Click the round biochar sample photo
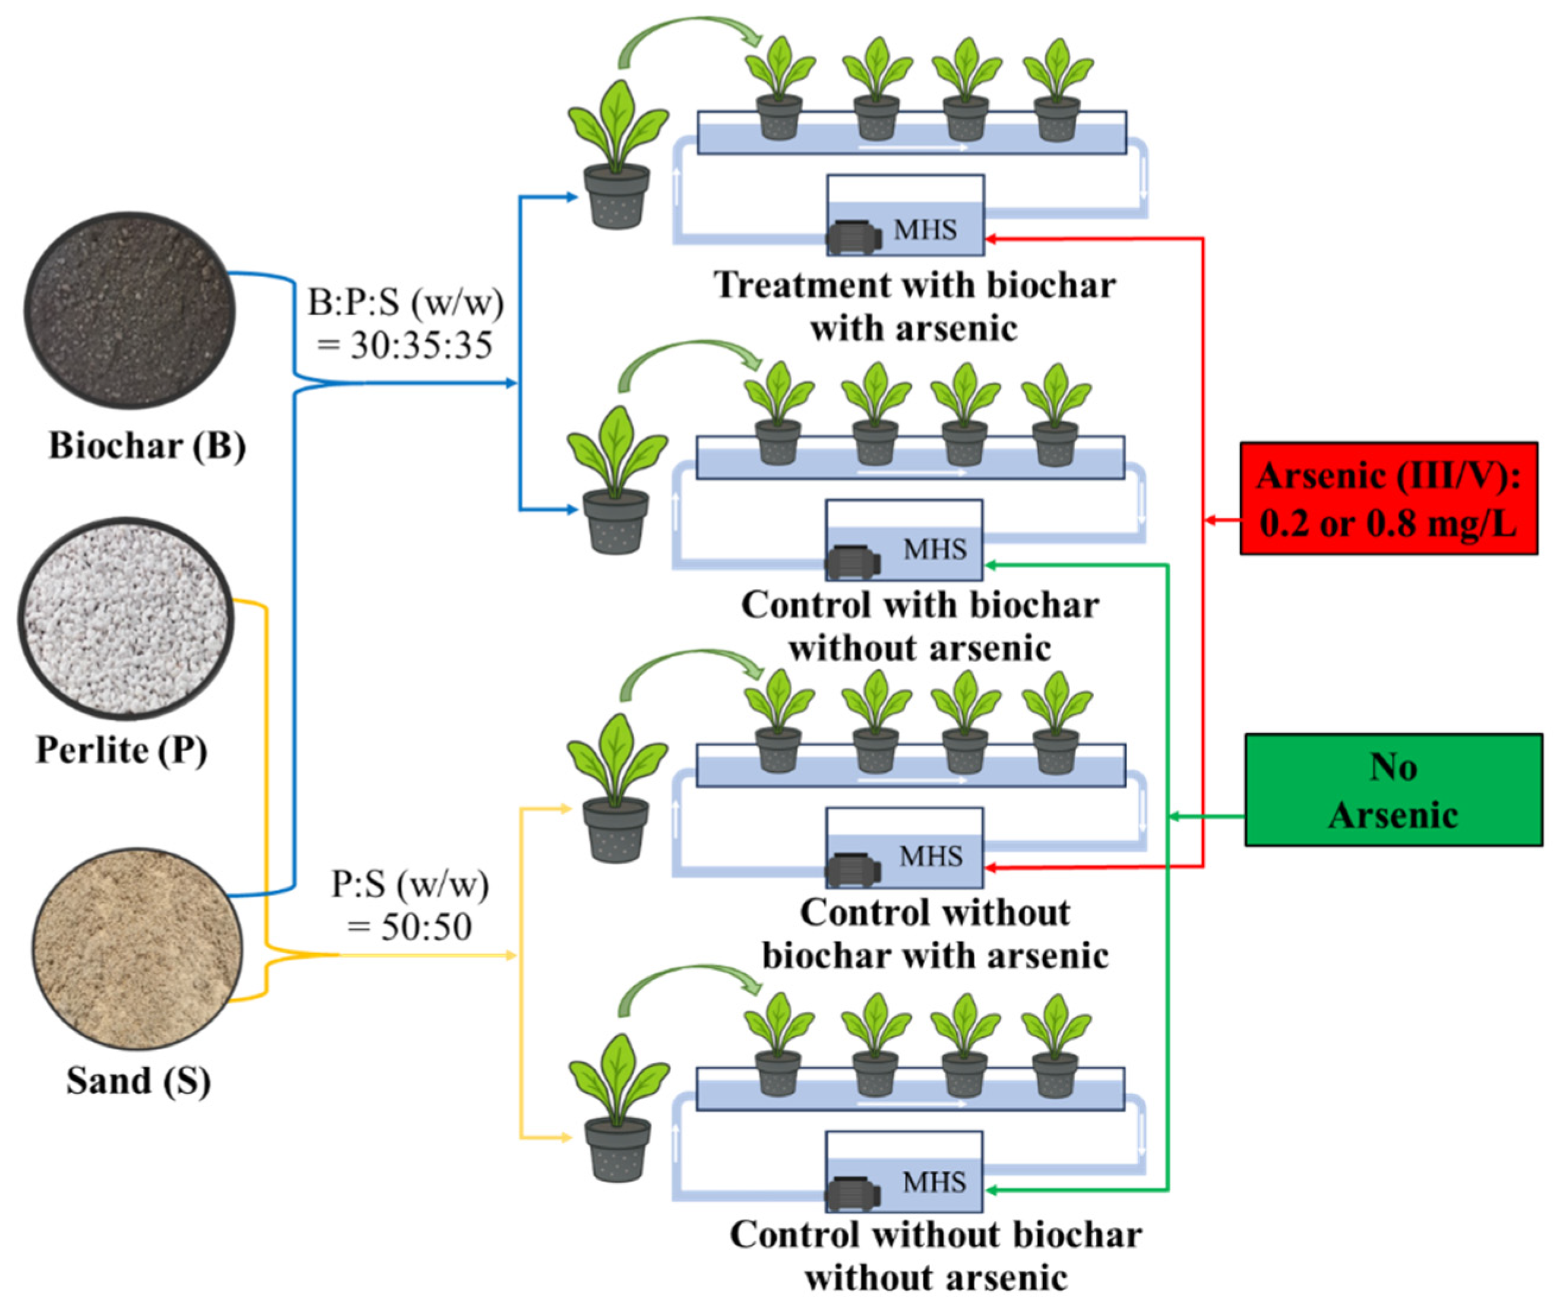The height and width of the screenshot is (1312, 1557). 130,310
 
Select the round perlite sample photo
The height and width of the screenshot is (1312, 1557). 126,618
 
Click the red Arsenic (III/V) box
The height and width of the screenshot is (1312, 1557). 1389,498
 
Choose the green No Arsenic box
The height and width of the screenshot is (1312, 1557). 1393,790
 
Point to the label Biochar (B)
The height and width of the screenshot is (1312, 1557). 147,445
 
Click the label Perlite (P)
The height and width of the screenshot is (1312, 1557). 121,750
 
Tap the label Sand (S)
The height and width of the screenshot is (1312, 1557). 138,1080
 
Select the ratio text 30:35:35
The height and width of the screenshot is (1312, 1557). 421,345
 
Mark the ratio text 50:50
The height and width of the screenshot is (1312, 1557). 426,927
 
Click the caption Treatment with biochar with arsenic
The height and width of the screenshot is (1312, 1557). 914,306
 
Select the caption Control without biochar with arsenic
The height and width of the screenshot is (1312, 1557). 935,933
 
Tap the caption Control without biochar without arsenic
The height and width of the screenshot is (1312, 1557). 936,1256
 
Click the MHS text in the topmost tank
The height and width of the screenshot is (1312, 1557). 925,229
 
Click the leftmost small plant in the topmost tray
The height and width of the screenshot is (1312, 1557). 780,88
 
